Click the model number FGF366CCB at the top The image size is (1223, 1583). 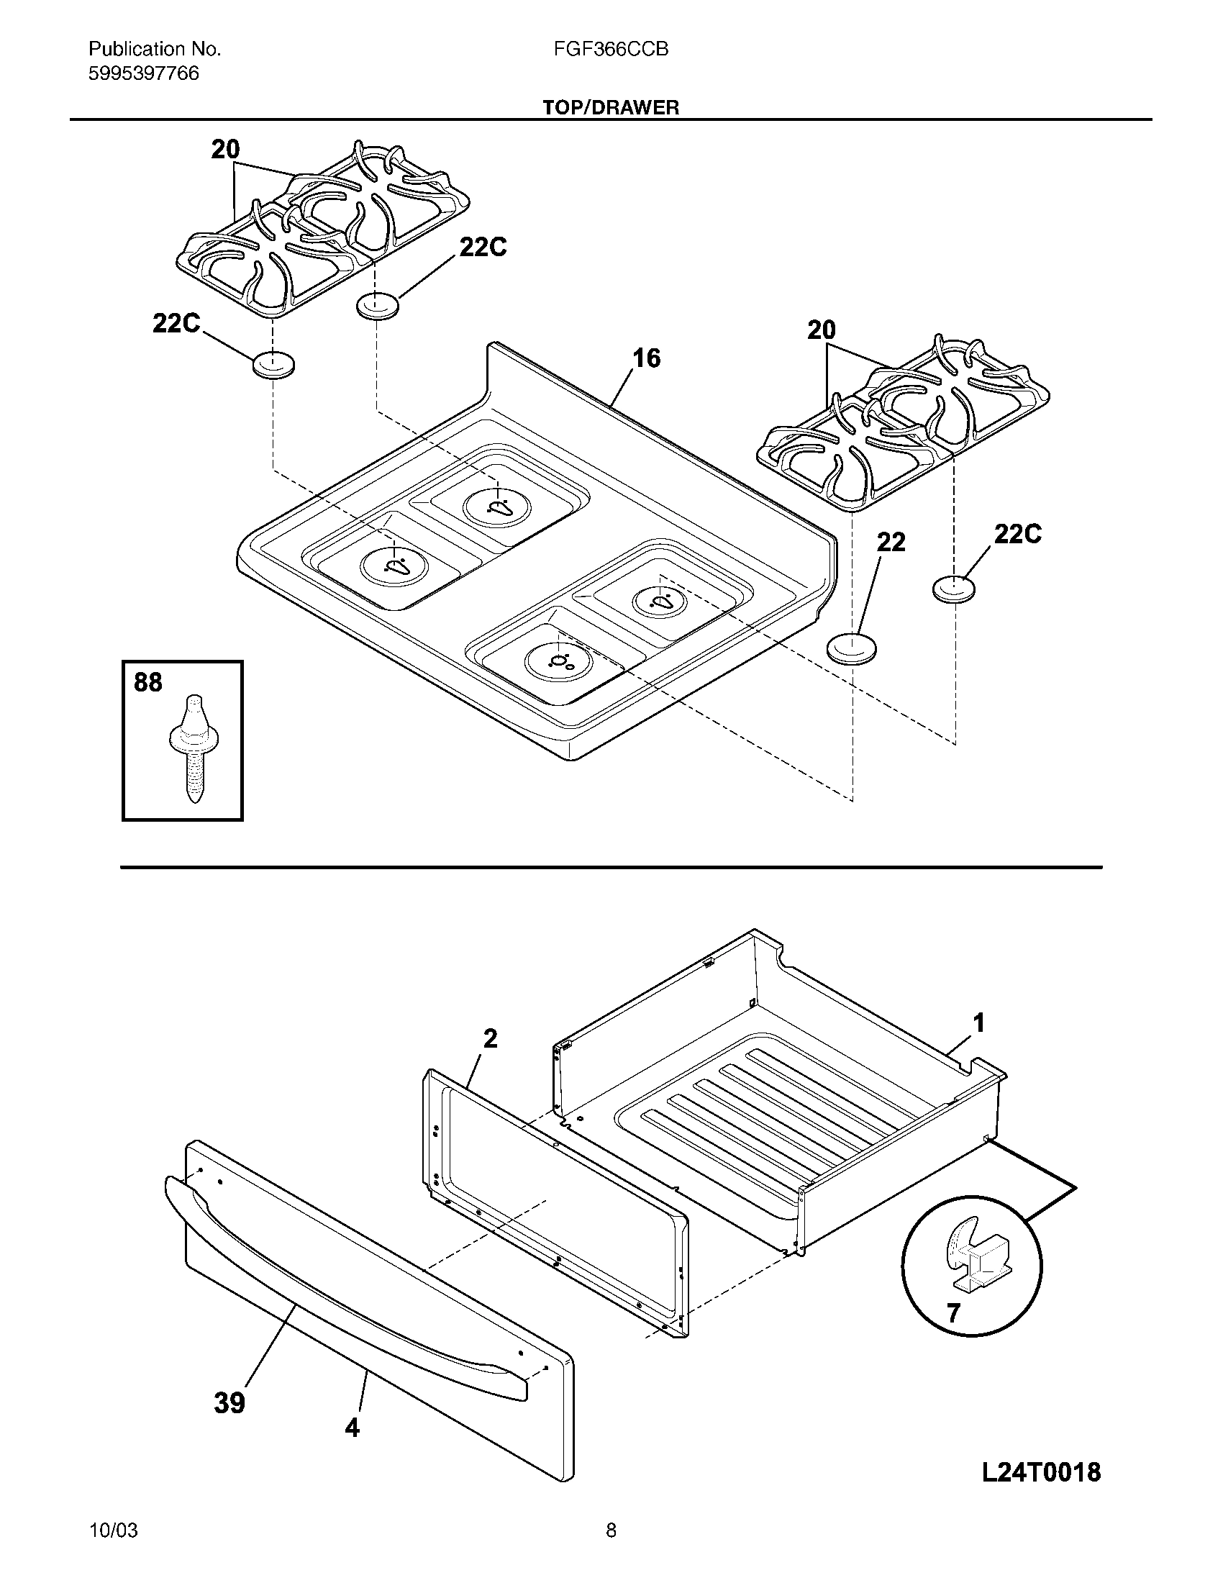coord(611,49)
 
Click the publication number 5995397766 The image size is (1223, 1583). coord(143,74)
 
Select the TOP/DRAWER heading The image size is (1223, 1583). coord(611,108)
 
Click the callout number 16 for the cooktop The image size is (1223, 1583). coord(646,358)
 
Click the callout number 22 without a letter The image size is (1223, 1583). coord(891,542)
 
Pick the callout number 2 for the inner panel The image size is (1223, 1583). coord(490,1038)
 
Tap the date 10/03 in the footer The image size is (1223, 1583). coord(114,1546)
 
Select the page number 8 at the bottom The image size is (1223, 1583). coord(611,1546)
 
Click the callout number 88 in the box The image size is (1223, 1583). coord(148,683)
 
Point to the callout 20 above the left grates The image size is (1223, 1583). coord(225,150)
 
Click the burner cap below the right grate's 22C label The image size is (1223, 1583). coord(953,589)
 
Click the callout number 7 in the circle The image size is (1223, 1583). coord(953,1312)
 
